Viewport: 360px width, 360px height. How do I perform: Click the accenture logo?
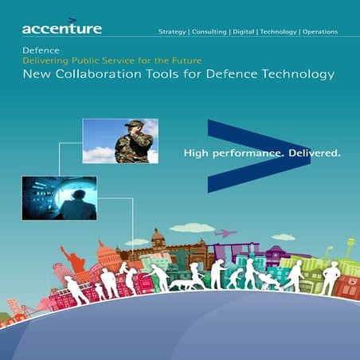pyautogui.click(x=61, y=29)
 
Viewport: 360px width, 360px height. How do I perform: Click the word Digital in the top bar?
pyautogui.click(x=243, y=32)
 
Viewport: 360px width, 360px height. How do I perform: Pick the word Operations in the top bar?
pyautogui.click(x=320, y=32)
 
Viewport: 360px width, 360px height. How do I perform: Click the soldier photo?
pyautogui.click(x=120, y=140)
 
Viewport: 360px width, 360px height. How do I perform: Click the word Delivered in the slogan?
pyautogui.click(x=314, y=151)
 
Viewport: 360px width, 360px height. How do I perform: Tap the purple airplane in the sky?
pyautogui.click(x=226, y=233)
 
